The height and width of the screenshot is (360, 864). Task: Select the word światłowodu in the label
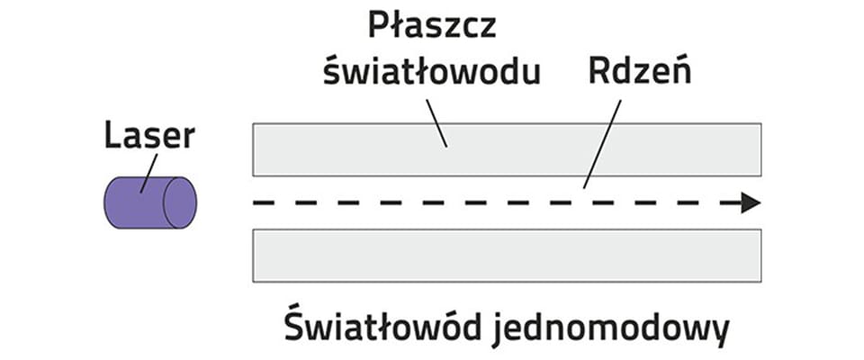tap(432, 72)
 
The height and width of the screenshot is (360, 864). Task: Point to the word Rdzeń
tap(640, 72)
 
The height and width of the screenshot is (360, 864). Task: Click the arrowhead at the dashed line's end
tap(751, 203)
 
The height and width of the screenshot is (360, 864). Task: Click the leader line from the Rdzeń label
tap(602, 144)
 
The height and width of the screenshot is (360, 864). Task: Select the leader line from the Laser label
tap(148, 171)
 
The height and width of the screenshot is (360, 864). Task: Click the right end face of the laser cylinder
tap(179, 202)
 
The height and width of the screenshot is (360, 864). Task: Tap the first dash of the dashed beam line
tap(262, 203)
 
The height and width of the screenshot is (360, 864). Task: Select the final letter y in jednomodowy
tap(717, 333)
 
